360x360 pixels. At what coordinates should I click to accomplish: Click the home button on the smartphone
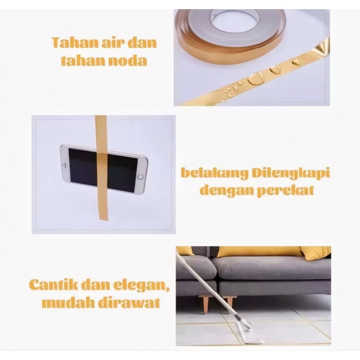point(140,177)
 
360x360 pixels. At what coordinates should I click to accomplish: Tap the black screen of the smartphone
point(103,170)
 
